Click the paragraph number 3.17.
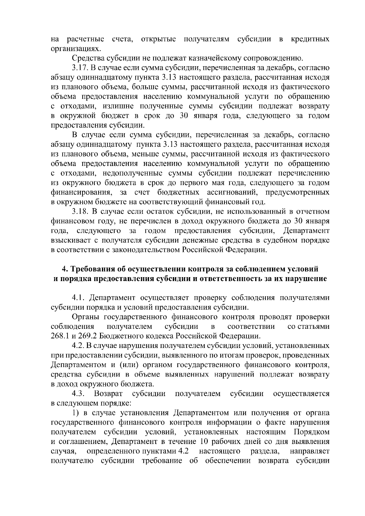click(x=80, y=68)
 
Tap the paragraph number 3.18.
click(x=80, y=211)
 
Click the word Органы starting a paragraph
click(x=85, y=317)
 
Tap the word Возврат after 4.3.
click(x=108, y=394)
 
